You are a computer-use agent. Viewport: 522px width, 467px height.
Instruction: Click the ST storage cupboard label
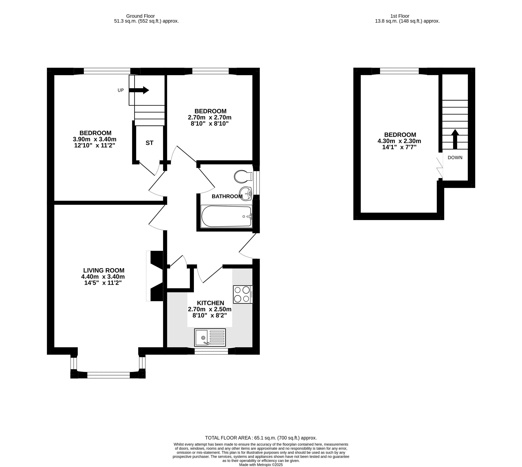(x=150, y=143)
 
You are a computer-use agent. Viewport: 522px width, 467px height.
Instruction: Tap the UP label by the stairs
(x=121, y=90)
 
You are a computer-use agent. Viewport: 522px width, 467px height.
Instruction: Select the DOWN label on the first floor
(x=455, y=158)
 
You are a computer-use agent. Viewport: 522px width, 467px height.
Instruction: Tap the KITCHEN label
(x=211, y=303)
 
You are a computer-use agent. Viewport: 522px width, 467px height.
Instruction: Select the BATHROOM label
(x=227, y=196)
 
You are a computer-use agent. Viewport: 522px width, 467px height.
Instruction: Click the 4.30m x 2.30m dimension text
(x=399, y=141)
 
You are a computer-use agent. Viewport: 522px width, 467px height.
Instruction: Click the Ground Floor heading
(x=140, y=16)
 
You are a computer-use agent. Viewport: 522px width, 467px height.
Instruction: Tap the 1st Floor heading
(x=400, y=16)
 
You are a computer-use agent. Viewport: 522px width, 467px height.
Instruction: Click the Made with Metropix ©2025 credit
(x=261, y=465)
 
